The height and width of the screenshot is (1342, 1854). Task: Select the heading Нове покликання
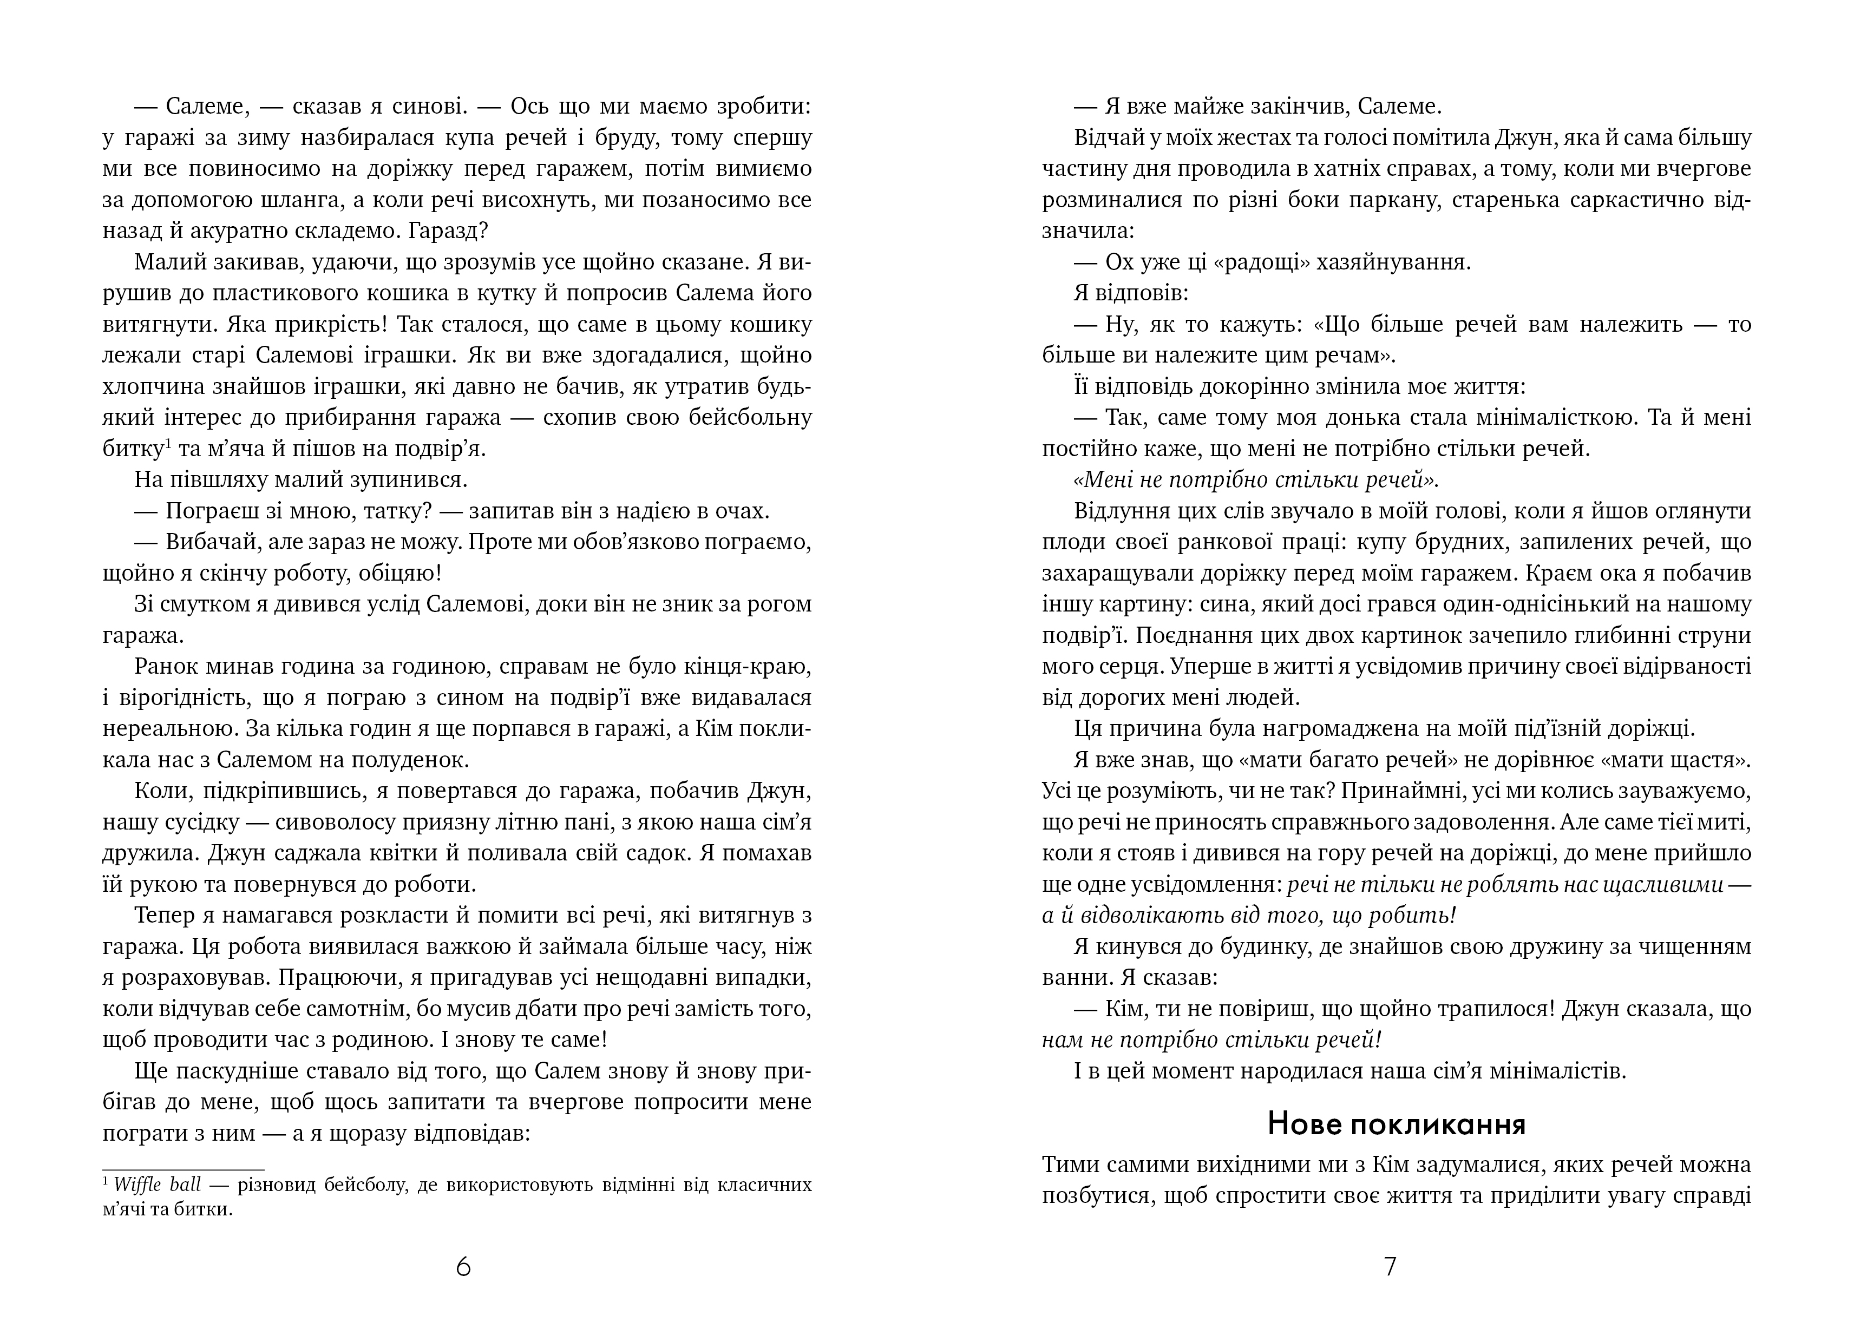1396,1124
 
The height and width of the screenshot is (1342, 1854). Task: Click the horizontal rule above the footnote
183,1169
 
